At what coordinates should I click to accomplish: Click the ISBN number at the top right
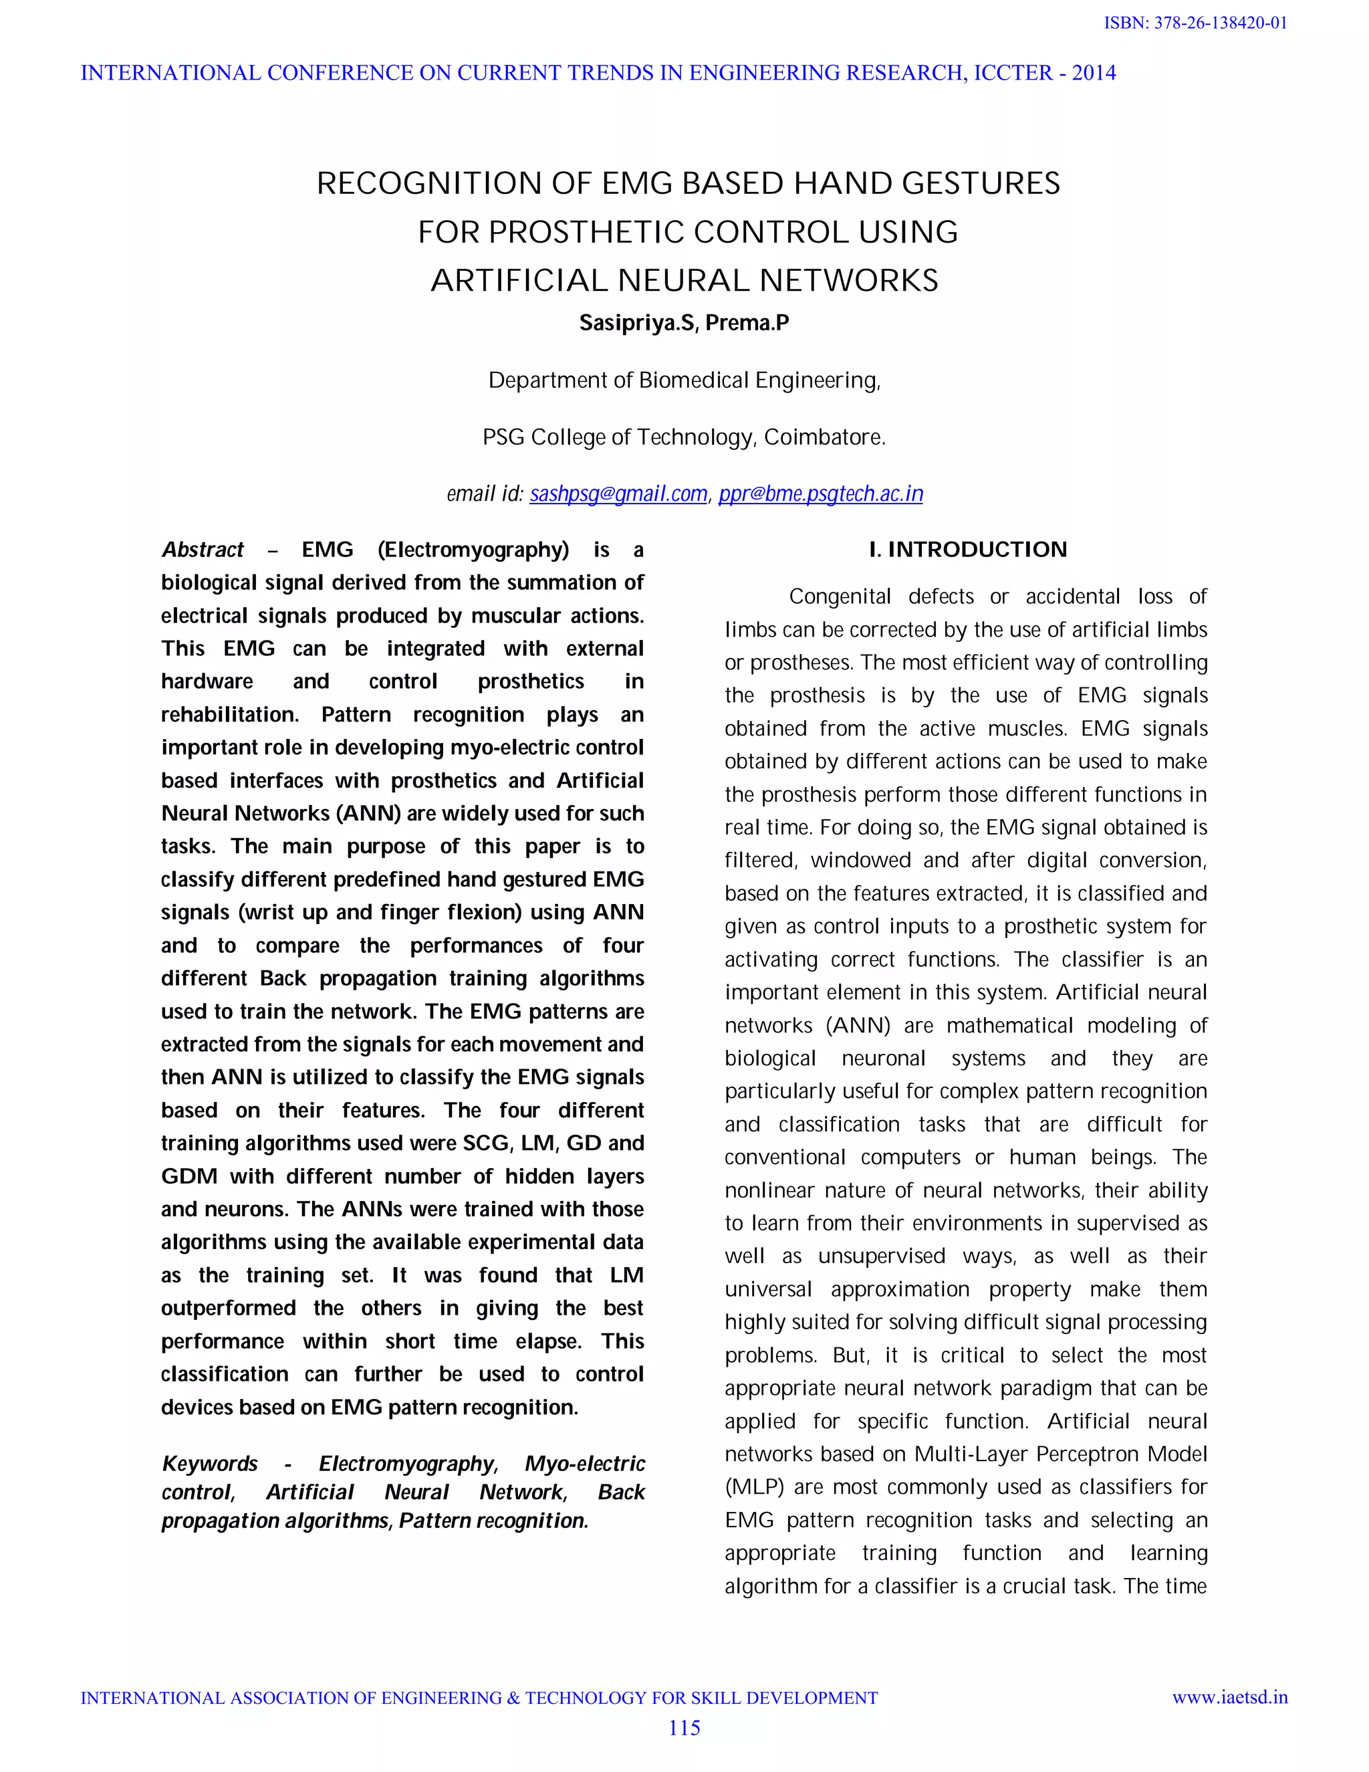tap(1195, 23)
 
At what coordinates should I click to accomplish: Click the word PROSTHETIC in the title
tap(586, 232)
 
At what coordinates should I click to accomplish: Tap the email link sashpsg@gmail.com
tap(618, 493)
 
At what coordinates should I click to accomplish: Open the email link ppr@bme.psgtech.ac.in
tap(820, 493)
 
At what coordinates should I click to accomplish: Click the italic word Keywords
tap(210, 1463)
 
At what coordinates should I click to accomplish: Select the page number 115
tap(684, 1727)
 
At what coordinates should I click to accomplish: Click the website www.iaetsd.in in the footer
tap(1229, 1697)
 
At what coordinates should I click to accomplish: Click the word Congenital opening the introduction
tap(840, 596)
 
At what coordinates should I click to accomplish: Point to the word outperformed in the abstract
tap(228, 1308)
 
